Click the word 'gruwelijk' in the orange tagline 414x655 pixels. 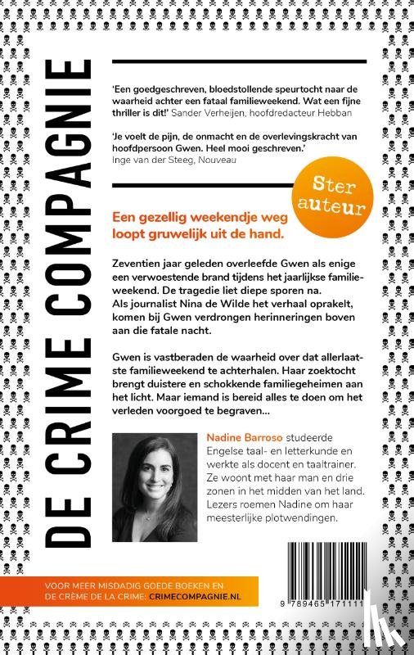[187, 224]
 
